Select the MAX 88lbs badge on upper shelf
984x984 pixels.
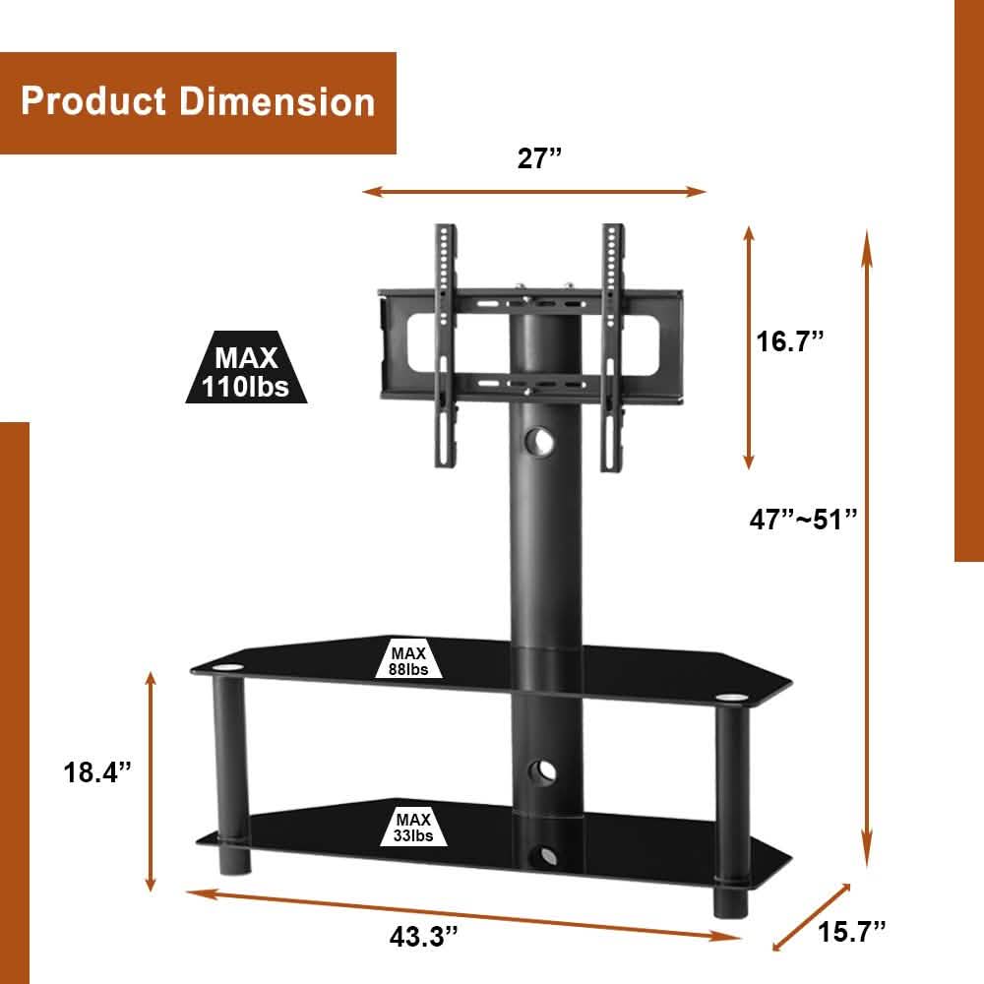(x=408, y=660)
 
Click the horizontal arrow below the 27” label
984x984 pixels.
(x=534, y=192)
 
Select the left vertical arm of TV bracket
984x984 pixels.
(x=446, y=344)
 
